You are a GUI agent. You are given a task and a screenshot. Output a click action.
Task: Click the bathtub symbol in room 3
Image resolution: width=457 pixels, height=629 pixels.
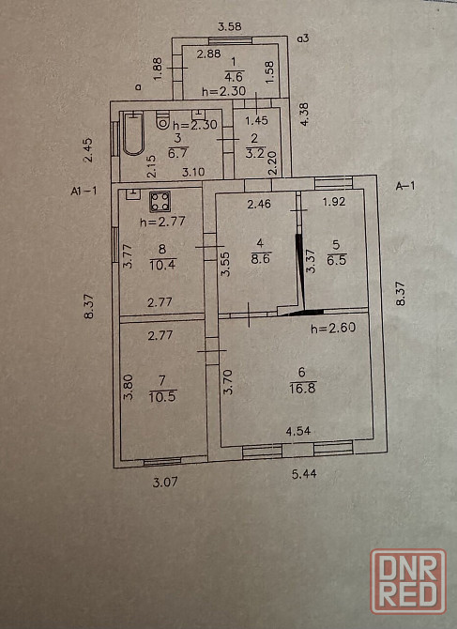(x=133, y=134)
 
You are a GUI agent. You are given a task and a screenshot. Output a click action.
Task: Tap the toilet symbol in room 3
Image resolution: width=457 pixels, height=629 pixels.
(x=162, y=120)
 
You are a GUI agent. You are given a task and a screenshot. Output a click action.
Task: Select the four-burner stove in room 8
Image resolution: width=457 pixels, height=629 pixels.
(x=160, y=202)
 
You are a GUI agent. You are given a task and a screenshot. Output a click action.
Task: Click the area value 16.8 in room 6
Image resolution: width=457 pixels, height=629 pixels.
(x=303, y=389)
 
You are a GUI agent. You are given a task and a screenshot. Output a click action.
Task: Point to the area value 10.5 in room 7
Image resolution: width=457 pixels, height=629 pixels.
(x=162, y=397)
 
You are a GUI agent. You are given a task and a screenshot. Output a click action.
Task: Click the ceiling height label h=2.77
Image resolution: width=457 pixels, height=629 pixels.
(x=162, y=221)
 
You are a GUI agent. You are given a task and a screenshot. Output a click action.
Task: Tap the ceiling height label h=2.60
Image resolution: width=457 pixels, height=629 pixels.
(x=333, y=328)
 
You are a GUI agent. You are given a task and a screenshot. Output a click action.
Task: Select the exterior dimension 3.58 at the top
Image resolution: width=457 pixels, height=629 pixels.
(x=229, y=26)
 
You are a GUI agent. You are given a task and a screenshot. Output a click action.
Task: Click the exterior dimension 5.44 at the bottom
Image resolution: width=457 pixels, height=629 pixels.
(x=304, y=474)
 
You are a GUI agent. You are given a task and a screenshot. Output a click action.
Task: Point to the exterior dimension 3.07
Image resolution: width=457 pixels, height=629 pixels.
(x=165, y=482)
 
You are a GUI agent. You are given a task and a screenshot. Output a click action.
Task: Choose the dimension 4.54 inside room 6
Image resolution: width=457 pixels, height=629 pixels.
(x=298, y=431)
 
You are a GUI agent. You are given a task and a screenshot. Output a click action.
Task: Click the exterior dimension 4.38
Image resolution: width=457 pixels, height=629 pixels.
(x=305, y=115)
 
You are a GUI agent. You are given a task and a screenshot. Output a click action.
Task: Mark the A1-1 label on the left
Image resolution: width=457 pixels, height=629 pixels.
(x=84, y=191)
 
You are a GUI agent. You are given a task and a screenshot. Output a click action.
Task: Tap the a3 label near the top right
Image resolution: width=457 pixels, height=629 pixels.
(x=303, y=38)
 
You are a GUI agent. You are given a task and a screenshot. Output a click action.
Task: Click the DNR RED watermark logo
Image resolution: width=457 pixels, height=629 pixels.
(x=408, y=581)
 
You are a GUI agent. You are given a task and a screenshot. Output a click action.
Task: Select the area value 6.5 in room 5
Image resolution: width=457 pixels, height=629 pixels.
(x=337, y=259)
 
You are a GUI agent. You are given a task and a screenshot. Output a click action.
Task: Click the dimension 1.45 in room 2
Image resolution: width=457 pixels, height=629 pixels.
(x=256, y=120)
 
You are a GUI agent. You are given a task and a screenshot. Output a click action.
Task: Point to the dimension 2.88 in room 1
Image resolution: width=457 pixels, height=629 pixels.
(x=208, y=54)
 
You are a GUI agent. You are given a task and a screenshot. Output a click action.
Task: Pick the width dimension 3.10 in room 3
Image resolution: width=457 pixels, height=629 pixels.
(x=193, y=172)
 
